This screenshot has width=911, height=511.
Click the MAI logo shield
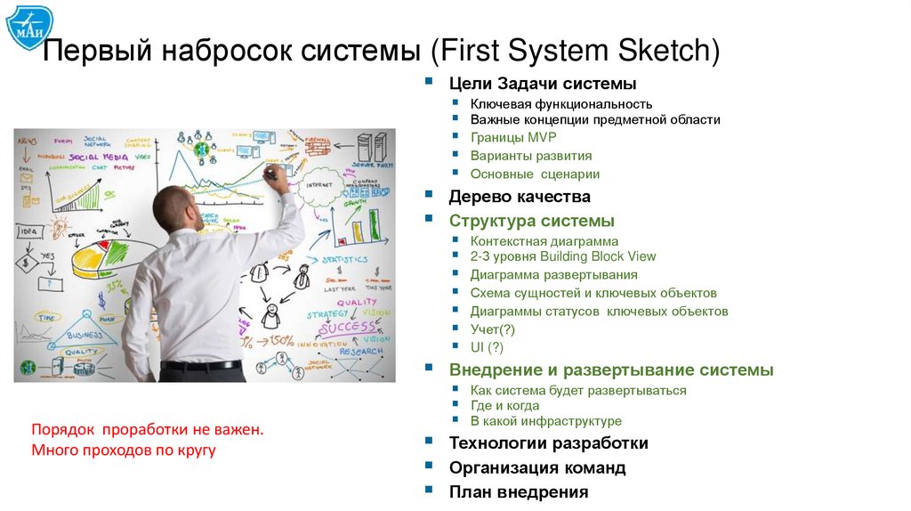(29, 28)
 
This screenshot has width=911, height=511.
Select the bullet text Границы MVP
(512, 137)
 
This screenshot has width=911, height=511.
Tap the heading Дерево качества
(520, 197)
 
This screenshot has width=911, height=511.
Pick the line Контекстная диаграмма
(544, 240)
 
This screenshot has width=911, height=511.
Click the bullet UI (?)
(487, 347)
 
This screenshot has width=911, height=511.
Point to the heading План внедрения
(519, 491)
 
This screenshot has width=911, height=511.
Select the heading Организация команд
(537, 467)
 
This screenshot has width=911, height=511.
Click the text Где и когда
(504, 405)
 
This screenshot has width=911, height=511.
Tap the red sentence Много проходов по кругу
(124, 450)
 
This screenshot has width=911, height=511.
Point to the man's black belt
(202, 365)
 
